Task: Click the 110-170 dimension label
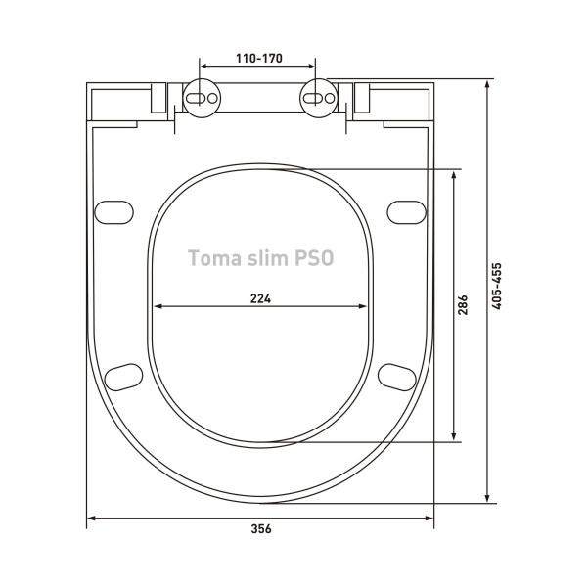pos(260,59)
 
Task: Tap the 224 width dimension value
pos(260,298)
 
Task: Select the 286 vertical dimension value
pos(464,304)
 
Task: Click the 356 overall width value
pos(260,529)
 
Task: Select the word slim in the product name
pos(263,259)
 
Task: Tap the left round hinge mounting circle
pos(203,99)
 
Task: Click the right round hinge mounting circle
pos(319,99)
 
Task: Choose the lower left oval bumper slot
pos(123,375)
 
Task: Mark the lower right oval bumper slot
pos(397,375)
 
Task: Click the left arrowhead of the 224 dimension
pos(157,307)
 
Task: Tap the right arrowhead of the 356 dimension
pos(429,519)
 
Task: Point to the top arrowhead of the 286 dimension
pos(454,174)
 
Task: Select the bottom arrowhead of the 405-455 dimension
pos(486,500)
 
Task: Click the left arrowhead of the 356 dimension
pos(91,519)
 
